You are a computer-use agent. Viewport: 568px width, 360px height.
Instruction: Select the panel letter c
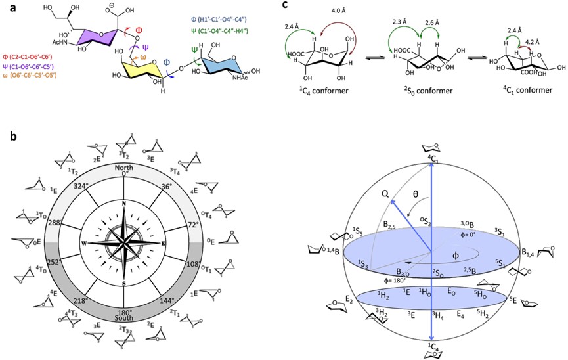pos(284,5)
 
